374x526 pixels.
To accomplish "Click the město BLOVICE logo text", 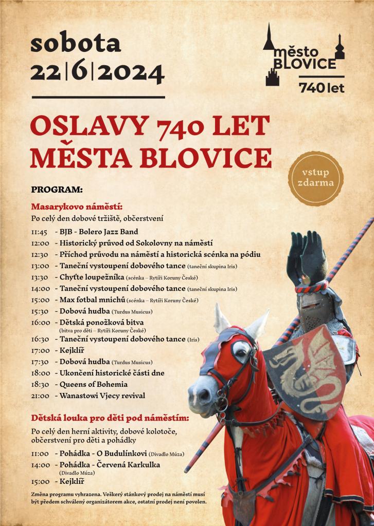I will pyautogui.click(x=305, y=58).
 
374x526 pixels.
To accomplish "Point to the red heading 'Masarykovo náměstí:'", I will pyautogui.click(x=77, y=207).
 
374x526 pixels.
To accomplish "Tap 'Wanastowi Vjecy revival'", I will pyautogui.click(x=102, y=396).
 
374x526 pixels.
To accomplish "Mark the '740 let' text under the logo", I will pyautogui.click(x=322, y=88).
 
